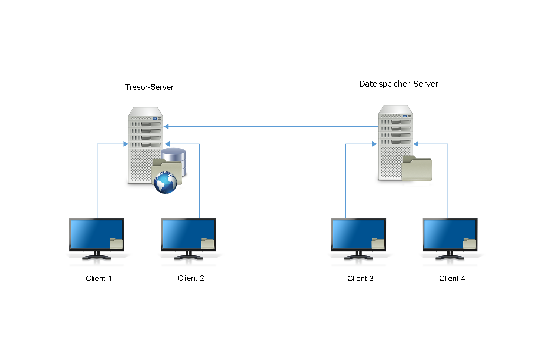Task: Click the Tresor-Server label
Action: pyautogui.click(x=149, y=87)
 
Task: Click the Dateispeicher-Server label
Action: pyautogui.click(x=399, y=84)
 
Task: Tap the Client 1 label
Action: pyautogui.click(x=98, y=279)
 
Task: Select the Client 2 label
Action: pyautogui.click(x=191, y=278)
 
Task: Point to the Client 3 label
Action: pyautogui.click(x=360, y=279)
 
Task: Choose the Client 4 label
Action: pyautogui.click(x=452, y=279)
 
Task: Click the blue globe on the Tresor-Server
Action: pyautogui.click(x=166, y=183)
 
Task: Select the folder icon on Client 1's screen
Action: pyautogui.click(x=116, y=243)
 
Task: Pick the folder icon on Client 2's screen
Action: pyautogui.click(x=208, y=243)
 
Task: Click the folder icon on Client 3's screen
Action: pyautogui.click(x=378, y=243)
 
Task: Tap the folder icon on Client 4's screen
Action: pyautogui.click(x=470, y=243)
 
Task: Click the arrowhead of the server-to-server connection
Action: pyautogui.click(x=166, y=127)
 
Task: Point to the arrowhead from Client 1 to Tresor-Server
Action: pyautogui.click(x=126, y=144)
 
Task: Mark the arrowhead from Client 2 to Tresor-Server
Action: pyautogui.click(x=167, y=144)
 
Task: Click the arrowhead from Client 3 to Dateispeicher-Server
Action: pyautogui.click(x=374, y=144)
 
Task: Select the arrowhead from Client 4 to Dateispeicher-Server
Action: pyautogui.click(x=416, y=144)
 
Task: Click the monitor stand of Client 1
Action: pyautogui.click(x=97, y=256)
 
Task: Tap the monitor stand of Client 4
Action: pyautogui.click(x=450, y=256)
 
